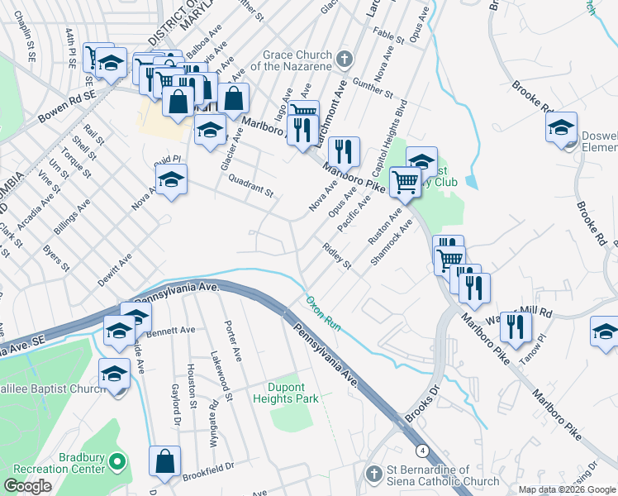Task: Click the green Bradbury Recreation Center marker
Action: click(x=116, y=461)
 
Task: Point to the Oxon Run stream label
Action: click(x=323, y=312)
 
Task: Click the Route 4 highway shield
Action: click(x=422, y=451)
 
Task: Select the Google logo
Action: click(x=28, y=486)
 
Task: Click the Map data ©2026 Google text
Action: click(x=567, y=489)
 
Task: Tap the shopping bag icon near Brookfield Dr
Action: click(x=164, y=460)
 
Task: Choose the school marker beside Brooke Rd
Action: click(x=562, y=128)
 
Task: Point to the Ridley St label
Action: click(x=338, y=257)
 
